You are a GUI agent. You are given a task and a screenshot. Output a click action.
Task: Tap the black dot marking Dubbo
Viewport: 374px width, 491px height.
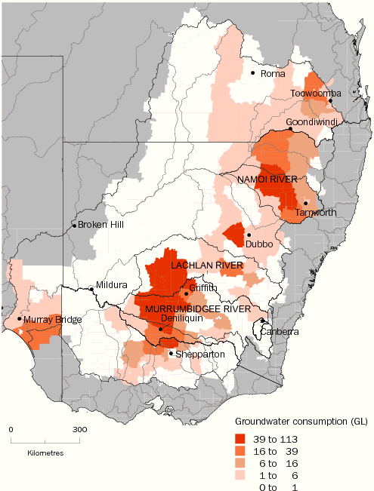249,235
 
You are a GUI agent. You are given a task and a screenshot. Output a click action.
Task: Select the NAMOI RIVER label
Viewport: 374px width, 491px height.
267,180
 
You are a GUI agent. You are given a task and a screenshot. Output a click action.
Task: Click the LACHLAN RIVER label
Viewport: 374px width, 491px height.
206,266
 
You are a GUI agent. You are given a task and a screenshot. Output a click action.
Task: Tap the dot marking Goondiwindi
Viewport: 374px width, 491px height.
292,130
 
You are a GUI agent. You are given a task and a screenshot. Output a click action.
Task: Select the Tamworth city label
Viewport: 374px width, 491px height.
316,213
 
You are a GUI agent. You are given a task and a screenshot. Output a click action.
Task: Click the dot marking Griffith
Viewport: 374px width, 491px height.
186,293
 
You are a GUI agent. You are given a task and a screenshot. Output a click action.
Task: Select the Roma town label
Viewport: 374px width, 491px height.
270,73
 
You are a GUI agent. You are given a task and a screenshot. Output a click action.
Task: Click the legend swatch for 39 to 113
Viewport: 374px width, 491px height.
243,438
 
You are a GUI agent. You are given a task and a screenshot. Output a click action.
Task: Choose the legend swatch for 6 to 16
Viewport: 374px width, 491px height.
243,462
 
